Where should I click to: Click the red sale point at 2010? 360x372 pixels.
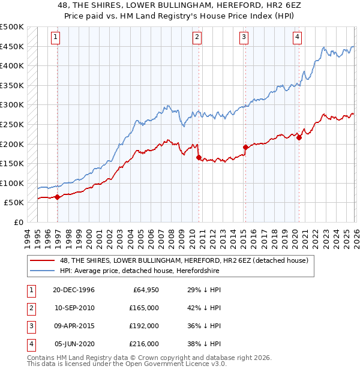pyautogui.click(x=199, y=158)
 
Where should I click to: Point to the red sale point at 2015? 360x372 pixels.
pyautogui.click(x=245, y=147)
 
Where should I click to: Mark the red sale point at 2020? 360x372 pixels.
pyautogui.click(x=299, y=138)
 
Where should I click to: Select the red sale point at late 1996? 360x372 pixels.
pyautogui.click(x=57, y=197)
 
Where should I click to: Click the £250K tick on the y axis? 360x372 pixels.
pyautogui.click(x=12, y=124)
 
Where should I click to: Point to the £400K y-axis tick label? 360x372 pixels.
pyautogui.click(x=12, y=66)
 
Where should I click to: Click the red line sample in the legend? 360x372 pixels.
pyautogui.click(x=43, y=260)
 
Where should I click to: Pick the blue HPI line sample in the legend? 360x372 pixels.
pyautogui.click(x=43, y=271)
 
